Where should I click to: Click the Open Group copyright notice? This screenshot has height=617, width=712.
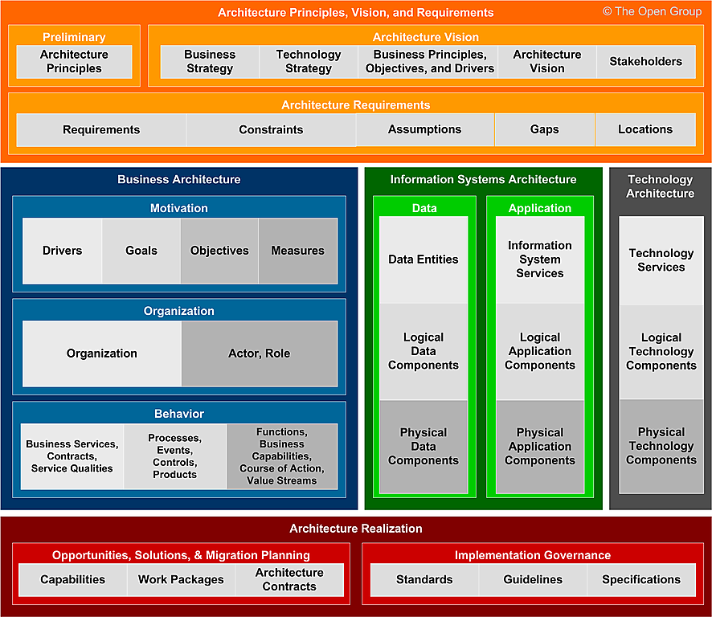tap(653, 12)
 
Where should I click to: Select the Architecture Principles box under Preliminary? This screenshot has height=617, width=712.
tap(74, 62)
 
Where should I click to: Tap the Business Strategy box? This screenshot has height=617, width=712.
tap(210, 62)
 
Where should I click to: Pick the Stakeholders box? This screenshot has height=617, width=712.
tap(645, 62)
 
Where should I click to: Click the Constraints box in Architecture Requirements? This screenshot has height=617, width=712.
tap(271, 129)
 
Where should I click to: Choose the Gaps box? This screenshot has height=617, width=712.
tap(544, 129)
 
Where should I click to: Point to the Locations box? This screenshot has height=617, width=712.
tap(644, 129)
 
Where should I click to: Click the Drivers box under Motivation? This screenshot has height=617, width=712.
tap(62, 251)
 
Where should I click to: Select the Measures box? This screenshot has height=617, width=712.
tap(297, 251)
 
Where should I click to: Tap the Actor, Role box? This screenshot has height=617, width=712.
tap(260, 353)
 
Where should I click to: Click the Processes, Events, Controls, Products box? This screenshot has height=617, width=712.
tap(174, 456)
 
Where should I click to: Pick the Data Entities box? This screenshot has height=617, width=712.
tap(424, 259)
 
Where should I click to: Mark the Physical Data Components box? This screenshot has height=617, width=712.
tap(424, 447)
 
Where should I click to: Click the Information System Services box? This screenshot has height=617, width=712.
tap(540, 259)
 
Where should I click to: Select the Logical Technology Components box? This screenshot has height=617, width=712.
tap(661, 352)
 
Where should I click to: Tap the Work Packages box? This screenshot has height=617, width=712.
tap(181, 579)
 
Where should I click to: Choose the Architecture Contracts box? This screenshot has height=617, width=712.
tap(289, 579)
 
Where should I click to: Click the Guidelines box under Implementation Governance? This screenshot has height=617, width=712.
tap(533, 579)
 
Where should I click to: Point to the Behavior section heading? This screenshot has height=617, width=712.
tap(179, 414)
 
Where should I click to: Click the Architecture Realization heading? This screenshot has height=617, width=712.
tap(356, 529)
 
